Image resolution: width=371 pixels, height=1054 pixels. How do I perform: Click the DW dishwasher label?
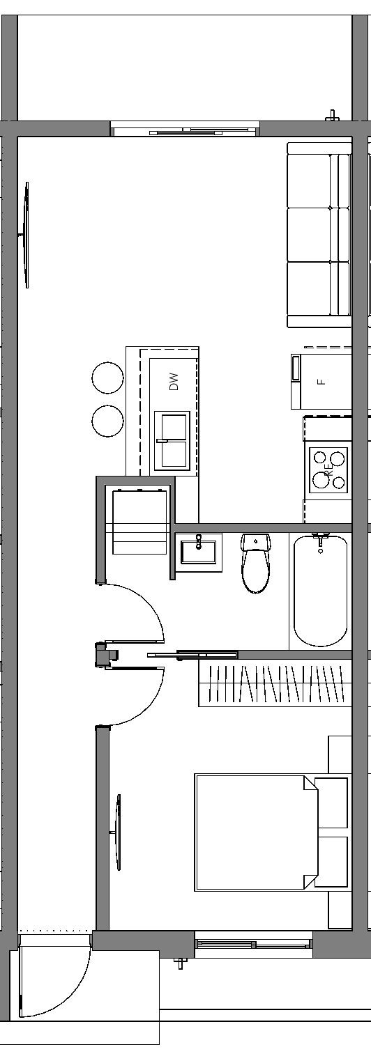click(x=174, y=381)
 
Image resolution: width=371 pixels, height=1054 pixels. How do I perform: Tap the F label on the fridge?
click(x=321, y=381)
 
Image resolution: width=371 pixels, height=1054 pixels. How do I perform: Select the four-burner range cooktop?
click(x=328, y=468)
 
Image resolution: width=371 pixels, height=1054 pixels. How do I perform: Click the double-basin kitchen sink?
click(x=172, y=441)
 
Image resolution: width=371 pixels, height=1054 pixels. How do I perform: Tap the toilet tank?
click(x=256, y=541)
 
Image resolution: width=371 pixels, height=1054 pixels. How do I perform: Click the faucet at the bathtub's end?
click(x=320, y=540)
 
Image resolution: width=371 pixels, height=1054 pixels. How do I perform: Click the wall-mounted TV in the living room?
click(x=26, y=235)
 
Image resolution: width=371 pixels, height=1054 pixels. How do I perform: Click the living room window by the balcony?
click(x=185, y=130)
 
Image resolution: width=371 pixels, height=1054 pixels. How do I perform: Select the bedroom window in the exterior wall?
click(x=253, y=945)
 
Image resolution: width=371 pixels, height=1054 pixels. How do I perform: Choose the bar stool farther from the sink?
click(x=107, y=378)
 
